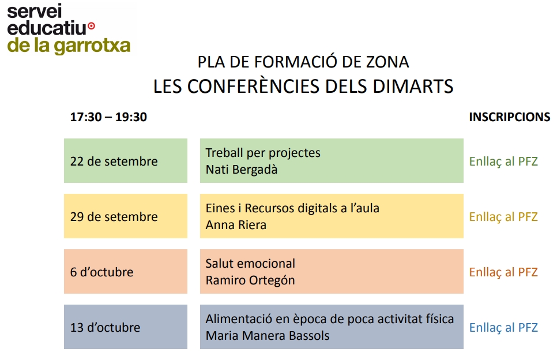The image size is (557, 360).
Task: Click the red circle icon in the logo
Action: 91,26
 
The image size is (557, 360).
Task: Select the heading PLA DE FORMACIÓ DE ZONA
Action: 303,62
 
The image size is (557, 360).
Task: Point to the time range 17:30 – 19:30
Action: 108,117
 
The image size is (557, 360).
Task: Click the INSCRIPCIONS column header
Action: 509,117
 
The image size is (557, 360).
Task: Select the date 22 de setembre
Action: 114,162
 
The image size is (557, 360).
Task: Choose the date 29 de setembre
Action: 114,217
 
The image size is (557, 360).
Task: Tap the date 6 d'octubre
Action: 101,272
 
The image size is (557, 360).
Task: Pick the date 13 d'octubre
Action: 105,328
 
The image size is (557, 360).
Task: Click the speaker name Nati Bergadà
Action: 242,170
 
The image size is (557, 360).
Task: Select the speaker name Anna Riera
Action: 236,225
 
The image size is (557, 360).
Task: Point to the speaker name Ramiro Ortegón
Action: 250,280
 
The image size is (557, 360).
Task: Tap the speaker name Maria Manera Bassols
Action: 268,336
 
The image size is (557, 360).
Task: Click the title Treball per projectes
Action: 263,153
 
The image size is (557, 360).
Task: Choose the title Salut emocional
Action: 250,263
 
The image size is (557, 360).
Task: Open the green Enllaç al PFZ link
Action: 503,162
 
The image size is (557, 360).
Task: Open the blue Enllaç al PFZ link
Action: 503,328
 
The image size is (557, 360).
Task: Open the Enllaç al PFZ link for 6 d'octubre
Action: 503,272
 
